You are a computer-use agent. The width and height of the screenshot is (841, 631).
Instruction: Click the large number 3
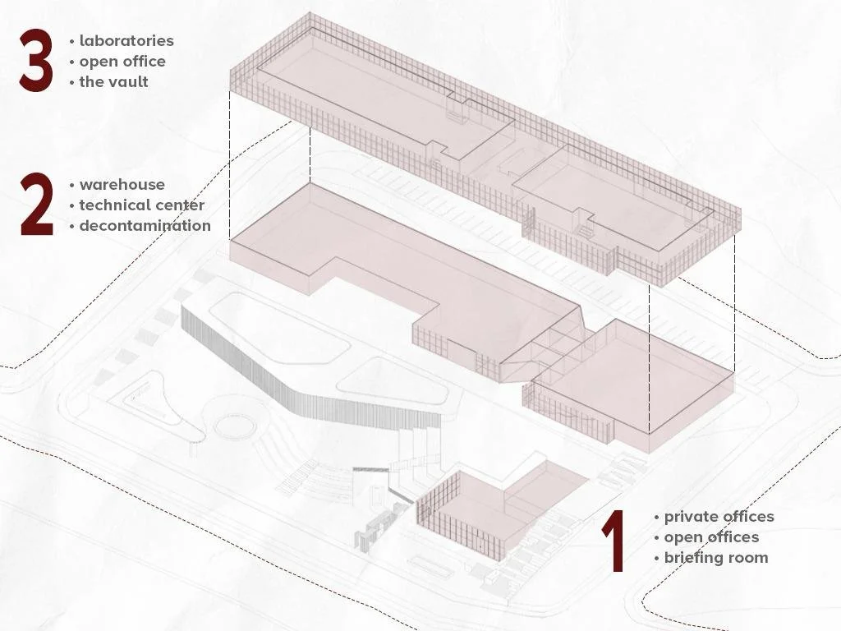pos(36,60)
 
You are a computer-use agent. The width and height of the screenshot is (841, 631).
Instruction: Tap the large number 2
pos(37,205)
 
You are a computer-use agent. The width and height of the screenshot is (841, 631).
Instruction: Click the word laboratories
pos(126,41)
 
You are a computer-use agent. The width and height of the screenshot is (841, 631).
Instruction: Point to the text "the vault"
pos(113,81)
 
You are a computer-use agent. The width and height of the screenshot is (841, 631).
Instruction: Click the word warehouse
pos(122,185)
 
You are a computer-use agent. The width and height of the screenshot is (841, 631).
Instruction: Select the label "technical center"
pos(142,205)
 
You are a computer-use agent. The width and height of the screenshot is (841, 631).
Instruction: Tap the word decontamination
pos(145,225)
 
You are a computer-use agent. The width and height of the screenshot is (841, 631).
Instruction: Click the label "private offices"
pos(719,517)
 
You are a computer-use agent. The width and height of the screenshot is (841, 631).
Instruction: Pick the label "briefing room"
pos(716,558)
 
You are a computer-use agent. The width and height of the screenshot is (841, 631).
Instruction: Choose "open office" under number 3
pos(122,62)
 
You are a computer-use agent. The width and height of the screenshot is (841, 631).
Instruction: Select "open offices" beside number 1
pos(711,537)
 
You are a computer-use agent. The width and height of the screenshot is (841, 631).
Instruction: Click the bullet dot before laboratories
pos(72,41)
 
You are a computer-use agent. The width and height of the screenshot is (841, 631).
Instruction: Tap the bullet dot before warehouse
pos(72,185)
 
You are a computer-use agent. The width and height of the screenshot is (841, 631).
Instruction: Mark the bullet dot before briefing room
pos(656,559)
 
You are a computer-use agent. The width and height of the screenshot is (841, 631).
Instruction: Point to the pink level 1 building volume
pos(502,507)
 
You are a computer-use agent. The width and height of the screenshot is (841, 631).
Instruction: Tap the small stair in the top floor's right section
pos(585,230)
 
